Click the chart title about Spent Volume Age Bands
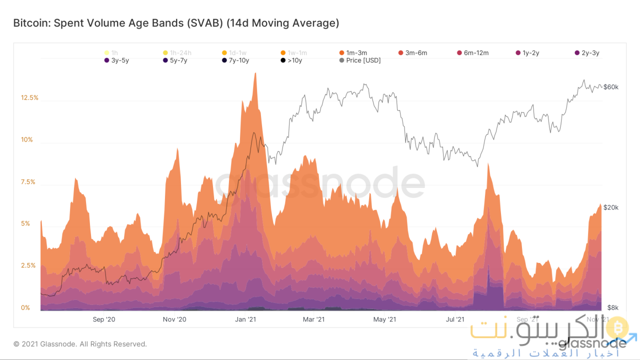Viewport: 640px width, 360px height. (x=176, y=23)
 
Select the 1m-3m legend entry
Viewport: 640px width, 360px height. (x=356, y=52)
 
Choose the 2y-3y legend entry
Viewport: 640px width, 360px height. (x=590, y=52)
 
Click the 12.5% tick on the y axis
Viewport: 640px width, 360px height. (x=29, y=97)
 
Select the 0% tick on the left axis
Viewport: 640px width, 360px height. (x=25, y=307)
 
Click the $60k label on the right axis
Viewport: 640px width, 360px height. (x=611, y=87)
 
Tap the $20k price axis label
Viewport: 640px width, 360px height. (x=611, y=207)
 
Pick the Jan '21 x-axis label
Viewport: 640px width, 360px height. (x=245, y=319)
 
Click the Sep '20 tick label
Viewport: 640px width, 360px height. (x=104, y=319)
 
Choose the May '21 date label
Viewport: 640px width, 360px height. (x=385, y=319)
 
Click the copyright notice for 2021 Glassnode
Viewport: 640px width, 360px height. (x=80, y=344)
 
